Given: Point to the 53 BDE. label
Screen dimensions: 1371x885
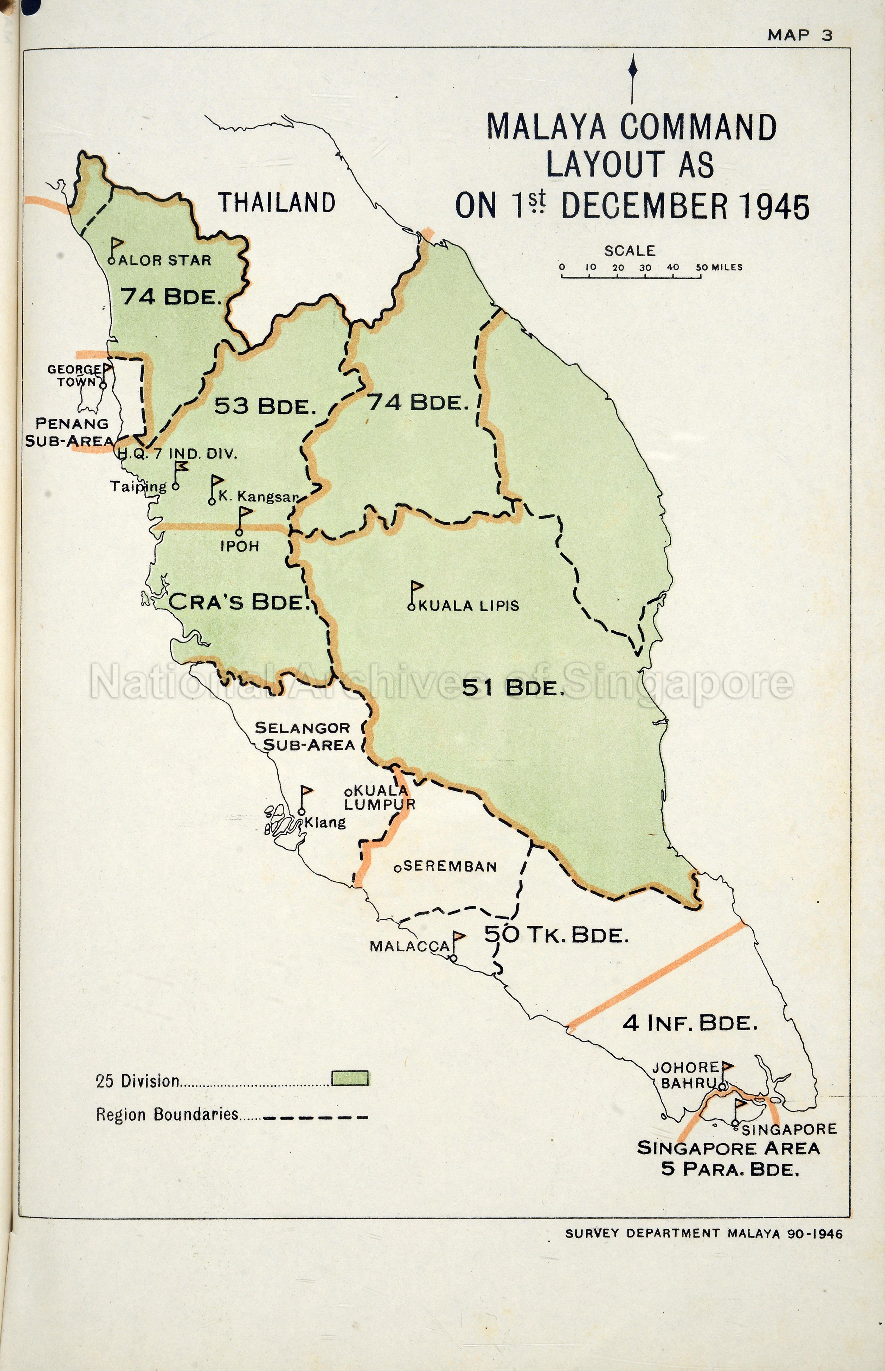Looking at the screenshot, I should (266, 407).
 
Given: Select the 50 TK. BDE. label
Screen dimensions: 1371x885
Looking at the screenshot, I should (556, 935).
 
